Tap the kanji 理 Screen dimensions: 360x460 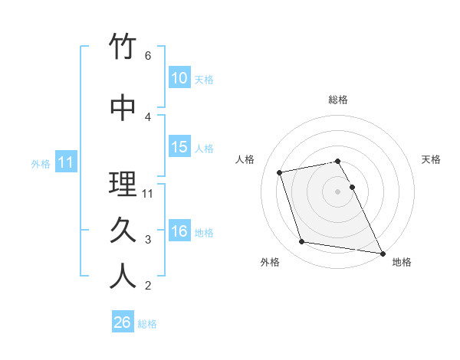click(x=123, y=185)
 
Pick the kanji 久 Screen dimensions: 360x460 click(x=123, y=231)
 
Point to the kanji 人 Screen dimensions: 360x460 click(x=123, y=277)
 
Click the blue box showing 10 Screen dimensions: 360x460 click(x=179, y=78)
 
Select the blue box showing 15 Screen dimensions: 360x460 click(x=179, y=147)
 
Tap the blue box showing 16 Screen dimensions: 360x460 click(x=179, y=231)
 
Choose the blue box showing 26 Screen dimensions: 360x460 click(x=122, y=322)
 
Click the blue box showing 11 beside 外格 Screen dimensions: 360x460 click(x=65, y=162)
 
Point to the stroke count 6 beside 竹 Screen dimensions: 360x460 click(x=148, y=56)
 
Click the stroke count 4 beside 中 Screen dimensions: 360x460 click(x=148, y=116)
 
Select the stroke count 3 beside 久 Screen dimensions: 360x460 click(x=148, y=240)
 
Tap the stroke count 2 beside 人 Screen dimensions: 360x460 click(x=148, y=286)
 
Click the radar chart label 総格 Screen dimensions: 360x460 click(x=338, y=100)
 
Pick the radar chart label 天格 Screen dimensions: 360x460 click(x=431, y=159)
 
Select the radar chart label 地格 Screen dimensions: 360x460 click(x=402, y=262)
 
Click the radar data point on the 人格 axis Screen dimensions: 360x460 click(x=280, y=172)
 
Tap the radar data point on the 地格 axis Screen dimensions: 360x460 click(x=382, y=252)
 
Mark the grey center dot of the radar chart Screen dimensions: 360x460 click(x=338, y=191)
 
